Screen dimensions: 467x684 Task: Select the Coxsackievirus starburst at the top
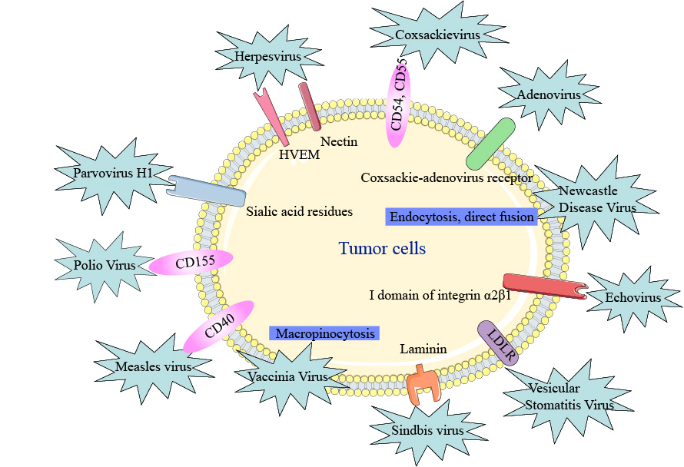click(437, 35)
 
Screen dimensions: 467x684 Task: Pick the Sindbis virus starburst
click(429, 431)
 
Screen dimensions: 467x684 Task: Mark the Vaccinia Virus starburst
click(288, 376)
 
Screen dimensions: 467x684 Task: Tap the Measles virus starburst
click(153, 366)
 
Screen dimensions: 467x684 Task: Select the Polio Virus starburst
click(105, 265)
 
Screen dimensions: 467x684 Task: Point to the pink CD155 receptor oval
click(191, 263)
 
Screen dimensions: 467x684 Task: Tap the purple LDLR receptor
click(499, 343)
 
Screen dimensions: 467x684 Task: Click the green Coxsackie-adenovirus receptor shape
click(490, 144)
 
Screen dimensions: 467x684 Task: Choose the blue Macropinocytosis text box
click(325, 333)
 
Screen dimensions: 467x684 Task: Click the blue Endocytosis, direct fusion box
click(461, 217)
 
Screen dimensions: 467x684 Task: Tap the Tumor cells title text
click(382, 249)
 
